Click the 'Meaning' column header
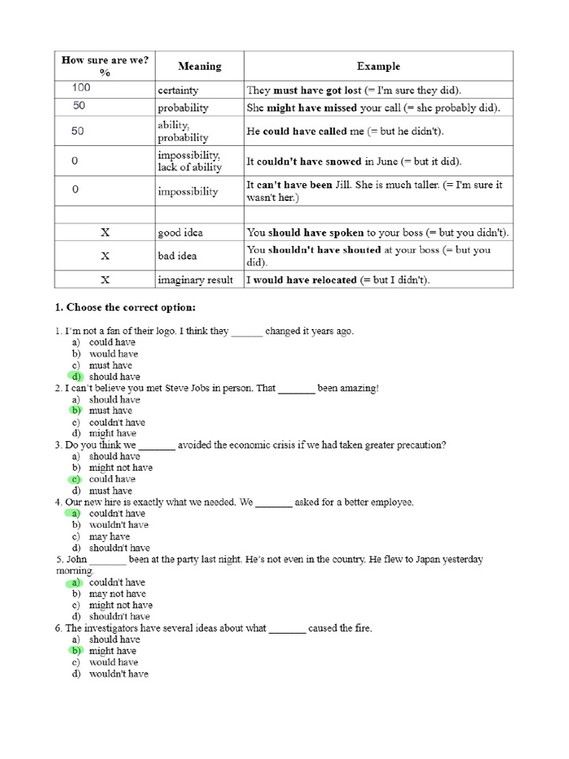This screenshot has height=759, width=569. coord(199,66)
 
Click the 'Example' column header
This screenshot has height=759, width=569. coord(378,66)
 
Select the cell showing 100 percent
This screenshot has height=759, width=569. coord(81,88)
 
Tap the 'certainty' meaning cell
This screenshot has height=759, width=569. coord(178,90)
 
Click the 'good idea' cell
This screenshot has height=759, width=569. coord(180,233)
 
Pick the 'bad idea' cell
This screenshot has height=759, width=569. coord(177,256)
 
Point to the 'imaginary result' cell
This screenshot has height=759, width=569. coord(195,280)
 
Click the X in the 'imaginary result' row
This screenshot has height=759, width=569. coord(105,280)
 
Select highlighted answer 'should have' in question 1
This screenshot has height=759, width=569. coord(114,377)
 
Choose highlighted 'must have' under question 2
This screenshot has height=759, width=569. coord(110,411)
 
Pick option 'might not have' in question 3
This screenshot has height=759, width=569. coord(121,468)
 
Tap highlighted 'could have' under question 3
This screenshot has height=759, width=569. coord(112,479)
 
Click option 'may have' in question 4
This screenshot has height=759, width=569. coord(109,537)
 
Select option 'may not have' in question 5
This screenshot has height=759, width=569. coord(117,594)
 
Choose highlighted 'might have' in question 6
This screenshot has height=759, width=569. coord(113,651)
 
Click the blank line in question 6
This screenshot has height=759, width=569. coord(287,629)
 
